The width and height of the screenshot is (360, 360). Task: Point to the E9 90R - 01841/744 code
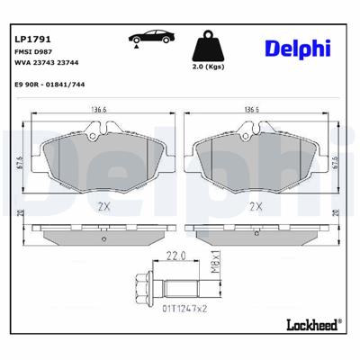click(x=52, y=88)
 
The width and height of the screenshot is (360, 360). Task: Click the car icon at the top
click(x=147, y=37)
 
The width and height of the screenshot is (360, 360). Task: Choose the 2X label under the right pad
click(x=256, y=206)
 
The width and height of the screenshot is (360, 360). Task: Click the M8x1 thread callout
click(x=216, y=264)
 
